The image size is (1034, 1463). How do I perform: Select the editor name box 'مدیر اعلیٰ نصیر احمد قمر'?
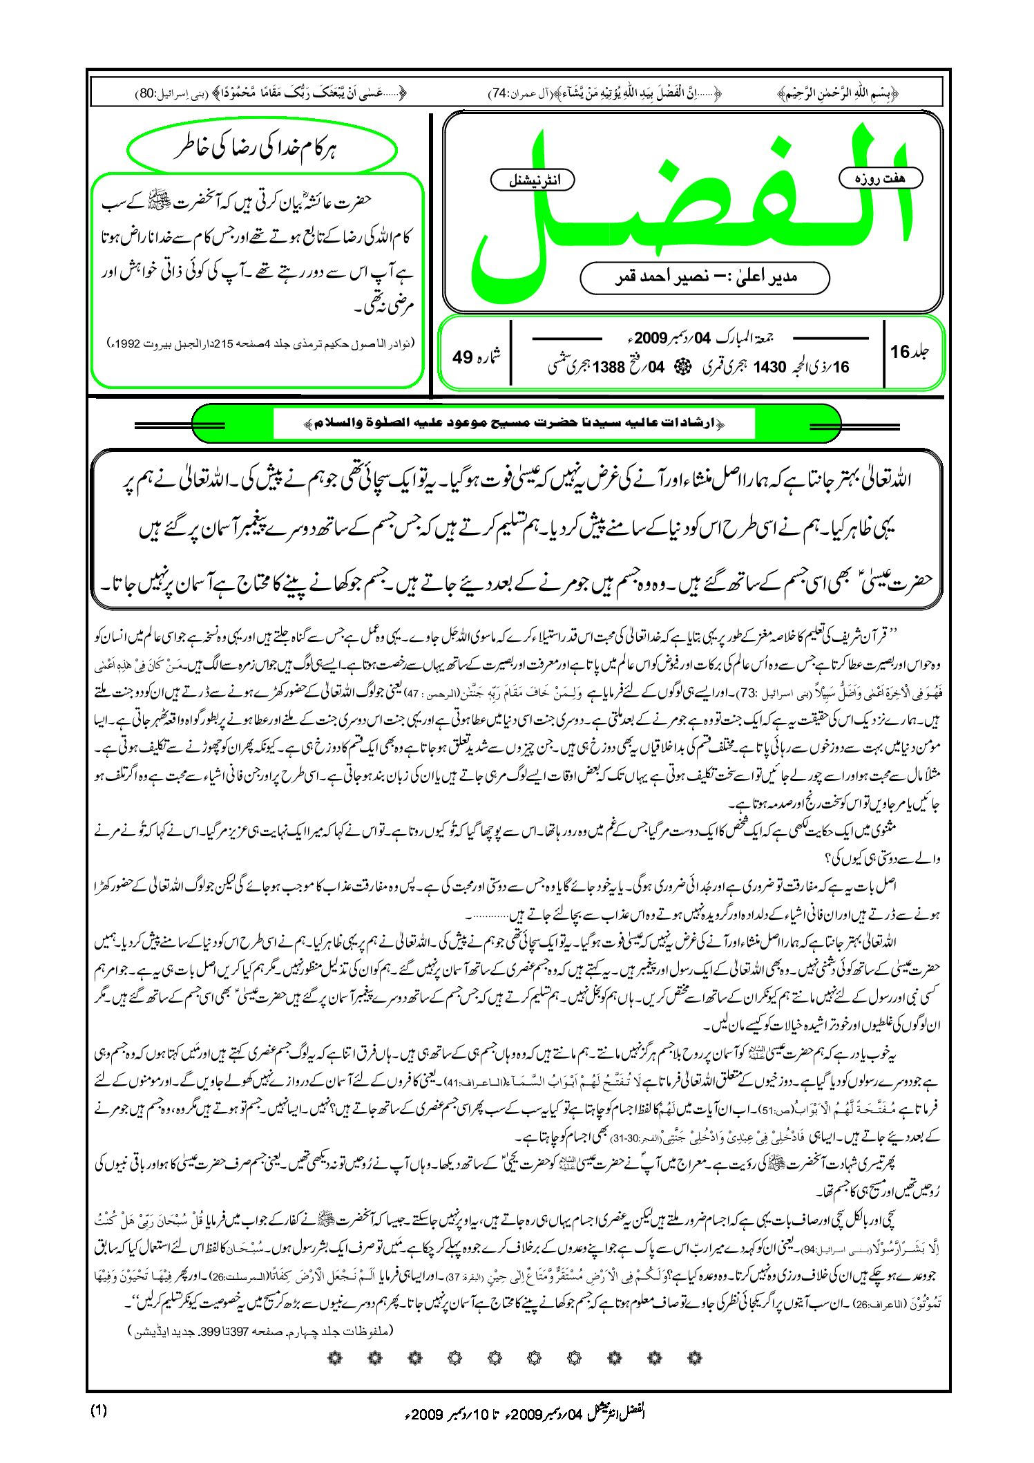click(705, 277)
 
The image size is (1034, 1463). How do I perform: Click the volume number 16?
click(899, 352)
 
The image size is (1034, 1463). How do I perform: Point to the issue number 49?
click(462, 357)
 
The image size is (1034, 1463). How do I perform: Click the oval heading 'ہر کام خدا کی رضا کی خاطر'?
click(262, 149)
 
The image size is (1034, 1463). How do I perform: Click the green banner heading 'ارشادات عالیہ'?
click(515, 423)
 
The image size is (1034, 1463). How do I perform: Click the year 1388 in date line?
click(608, 368)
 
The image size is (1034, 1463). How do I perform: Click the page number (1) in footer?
click(99, 1410)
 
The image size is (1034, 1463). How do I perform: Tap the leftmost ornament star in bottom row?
click(335, 1358)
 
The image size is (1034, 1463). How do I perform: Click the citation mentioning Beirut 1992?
click(262, 343)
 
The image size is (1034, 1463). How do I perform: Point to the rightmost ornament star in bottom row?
click(696, 1358)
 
